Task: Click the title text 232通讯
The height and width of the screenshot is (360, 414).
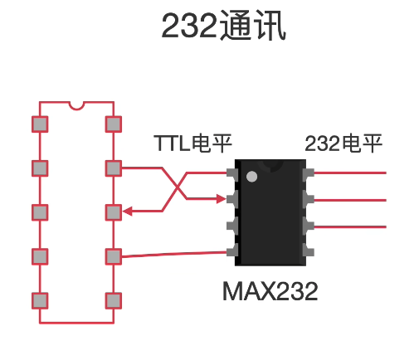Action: [223, 26]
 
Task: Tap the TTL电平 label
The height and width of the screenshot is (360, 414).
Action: [192, 144]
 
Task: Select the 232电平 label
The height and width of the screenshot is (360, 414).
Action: [343, 144]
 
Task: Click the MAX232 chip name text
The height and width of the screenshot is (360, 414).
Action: [270, 291]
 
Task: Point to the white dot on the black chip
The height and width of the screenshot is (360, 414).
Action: [251, 177]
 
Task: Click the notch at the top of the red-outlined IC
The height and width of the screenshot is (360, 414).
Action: [76, 106]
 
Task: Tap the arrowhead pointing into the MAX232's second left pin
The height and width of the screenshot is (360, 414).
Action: [222, 199]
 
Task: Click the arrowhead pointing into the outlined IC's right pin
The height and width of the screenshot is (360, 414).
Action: [127, 212]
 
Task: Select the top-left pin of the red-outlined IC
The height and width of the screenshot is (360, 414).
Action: [40, 124]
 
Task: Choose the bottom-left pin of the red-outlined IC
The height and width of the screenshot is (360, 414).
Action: [40, 300]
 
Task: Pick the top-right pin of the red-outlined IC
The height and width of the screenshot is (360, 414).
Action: [114, 124]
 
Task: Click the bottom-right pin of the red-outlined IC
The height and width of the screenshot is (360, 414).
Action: [114, 300]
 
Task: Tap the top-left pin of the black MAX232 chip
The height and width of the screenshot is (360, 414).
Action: [232, 173]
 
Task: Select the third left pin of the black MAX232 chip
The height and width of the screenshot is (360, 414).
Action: [232, 226]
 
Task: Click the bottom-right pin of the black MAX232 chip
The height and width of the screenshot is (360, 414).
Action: [309, 251]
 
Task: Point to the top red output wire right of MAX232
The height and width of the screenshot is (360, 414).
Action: [350, 173]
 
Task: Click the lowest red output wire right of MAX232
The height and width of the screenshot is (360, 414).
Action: [350, 227]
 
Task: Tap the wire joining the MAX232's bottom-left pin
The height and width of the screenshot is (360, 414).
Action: [174, 254]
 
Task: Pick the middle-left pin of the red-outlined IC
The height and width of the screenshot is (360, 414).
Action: [40, 212]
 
